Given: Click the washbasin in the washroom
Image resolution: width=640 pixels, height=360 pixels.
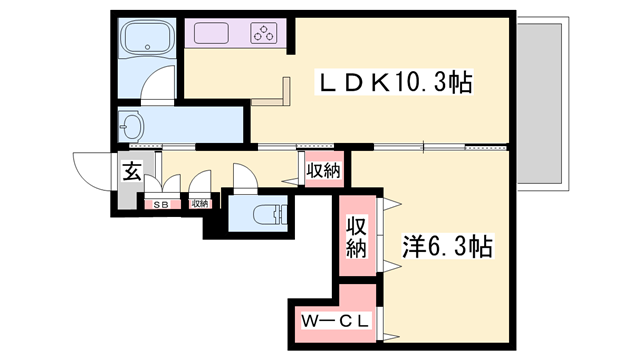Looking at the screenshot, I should pyautogui.click(x=133, y=127).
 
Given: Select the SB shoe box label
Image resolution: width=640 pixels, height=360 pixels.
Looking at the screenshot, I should pyautogui.click(x=159, y=204).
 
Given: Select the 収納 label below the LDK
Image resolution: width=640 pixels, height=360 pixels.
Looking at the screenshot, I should pyautogui.click(x=323, y=171).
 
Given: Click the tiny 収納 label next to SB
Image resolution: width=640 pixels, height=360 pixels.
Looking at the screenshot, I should pyautogui.click(x=200, y=204).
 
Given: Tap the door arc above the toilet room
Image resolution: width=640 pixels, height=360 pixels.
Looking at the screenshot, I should pyautogui.click(x=243, y=175).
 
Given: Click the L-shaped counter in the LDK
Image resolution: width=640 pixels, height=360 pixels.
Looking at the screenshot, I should pyautogui.click(x=281, y=96).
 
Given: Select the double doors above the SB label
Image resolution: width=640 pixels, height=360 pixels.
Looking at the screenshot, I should pyautogui.click(x=160, y=185).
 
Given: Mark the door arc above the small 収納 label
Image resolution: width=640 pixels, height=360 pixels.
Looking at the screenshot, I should pyautogui.click(x=201, y=184).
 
